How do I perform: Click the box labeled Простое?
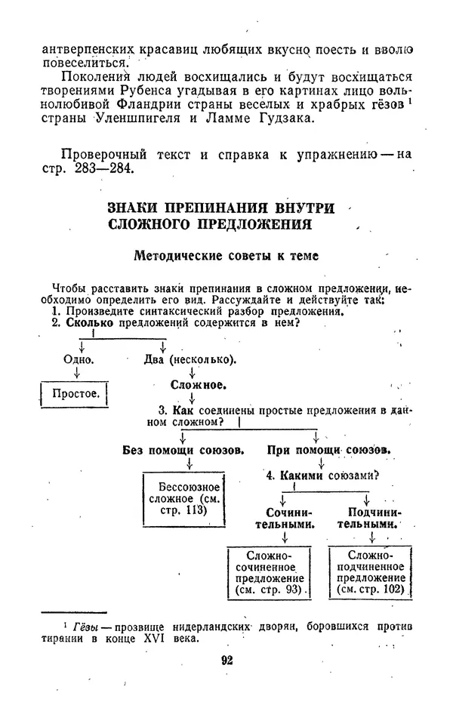(72, 394)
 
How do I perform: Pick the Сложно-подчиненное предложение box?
(371, 573)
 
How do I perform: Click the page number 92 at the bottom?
(226, 660)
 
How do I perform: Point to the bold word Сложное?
(198, 385)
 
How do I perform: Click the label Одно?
(79, 359)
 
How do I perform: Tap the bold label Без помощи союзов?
(183, 450)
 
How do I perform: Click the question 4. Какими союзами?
(322, 476)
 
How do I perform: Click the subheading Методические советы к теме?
(226, 256)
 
